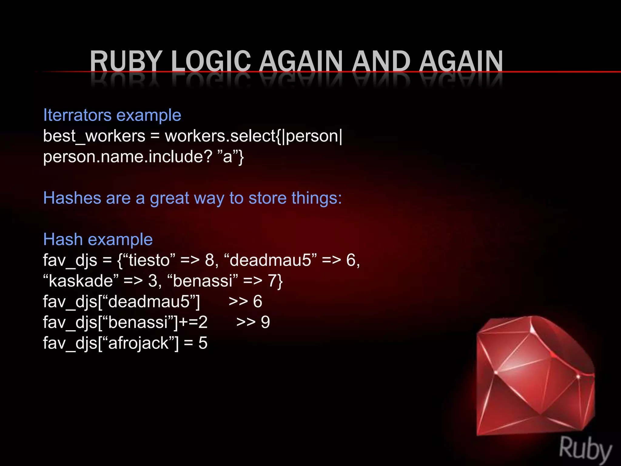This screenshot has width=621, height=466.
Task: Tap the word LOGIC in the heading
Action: [x=211, y=61]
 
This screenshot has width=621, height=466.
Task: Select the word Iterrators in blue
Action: [x=77, y=115]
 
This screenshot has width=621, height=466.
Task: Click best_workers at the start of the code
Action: [x=94, y=136]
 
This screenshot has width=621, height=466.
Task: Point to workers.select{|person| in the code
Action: [x=253, y=136]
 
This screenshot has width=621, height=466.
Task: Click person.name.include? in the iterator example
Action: [x=127, y=157]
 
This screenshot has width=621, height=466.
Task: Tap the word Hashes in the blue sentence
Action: [x=72, y=198]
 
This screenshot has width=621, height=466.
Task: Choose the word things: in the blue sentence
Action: [x=317, y=198]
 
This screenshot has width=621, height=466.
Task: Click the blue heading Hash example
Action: [x=98, y=239]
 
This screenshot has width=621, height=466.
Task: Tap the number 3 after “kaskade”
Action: [x=153, y=281]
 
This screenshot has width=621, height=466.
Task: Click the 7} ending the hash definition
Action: [x=276, y=281]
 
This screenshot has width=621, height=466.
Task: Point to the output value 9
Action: [x=265, y=322]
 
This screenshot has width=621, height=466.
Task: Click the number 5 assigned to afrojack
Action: [x=203, y=343]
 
